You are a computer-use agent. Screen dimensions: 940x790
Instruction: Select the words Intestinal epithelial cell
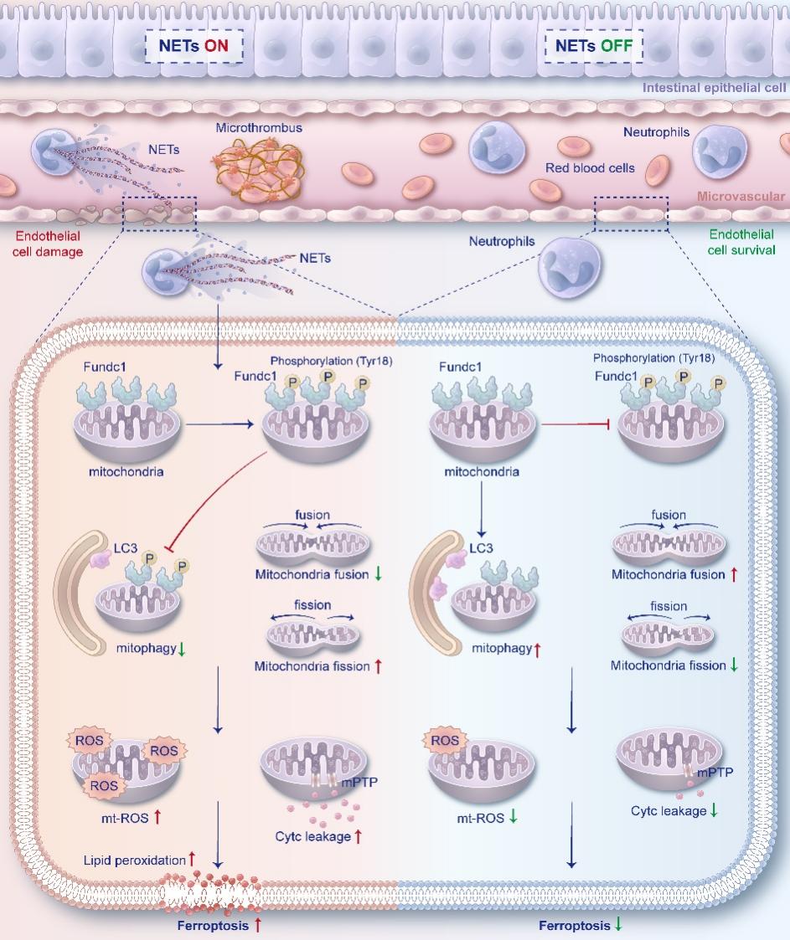coord(714,86)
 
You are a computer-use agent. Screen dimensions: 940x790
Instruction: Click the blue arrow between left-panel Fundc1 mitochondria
coord(219,425)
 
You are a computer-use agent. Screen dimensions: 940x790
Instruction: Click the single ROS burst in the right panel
coord(444,740)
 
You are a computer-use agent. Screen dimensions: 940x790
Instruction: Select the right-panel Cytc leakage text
coord(668,810)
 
